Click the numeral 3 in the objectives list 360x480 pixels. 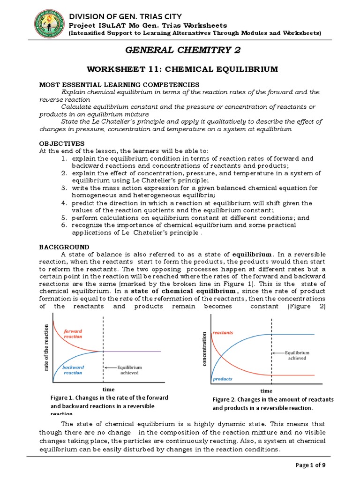(x=64, y=188)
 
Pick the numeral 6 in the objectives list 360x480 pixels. (x=64, y=225)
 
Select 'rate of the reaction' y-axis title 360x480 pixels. (x=46, y=349)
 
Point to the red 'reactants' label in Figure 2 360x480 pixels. (x=223, y=333)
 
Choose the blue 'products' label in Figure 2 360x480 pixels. (x=222, y=379)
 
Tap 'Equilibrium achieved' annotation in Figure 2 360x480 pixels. (x=294, y=355)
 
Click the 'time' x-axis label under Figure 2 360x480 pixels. (x=266, y=390)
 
